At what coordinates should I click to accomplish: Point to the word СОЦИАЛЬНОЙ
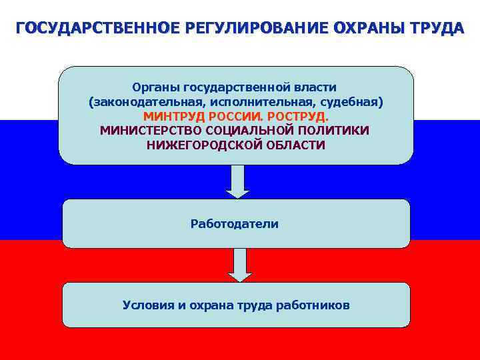245,130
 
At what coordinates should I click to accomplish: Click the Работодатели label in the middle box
235,224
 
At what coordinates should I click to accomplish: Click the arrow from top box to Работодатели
237,181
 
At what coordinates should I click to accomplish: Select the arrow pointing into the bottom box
239,265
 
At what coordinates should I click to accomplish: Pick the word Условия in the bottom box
146,305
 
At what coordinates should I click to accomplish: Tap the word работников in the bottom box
317,305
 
